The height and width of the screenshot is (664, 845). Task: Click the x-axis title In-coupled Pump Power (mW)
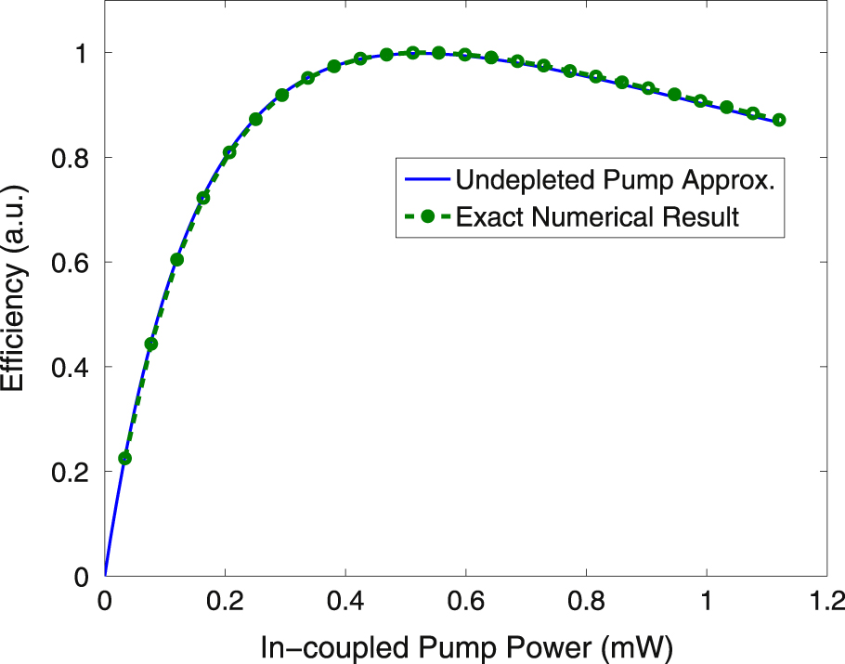[465, 644]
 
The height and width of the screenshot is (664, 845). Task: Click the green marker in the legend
[427, 217]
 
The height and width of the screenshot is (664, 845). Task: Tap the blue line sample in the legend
[426, 180]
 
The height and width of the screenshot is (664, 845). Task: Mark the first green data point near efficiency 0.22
[125, 458]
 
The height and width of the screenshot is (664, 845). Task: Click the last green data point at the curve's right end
[779, 120]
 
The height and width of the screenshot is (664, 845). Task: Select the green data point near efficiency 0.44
[151, 344]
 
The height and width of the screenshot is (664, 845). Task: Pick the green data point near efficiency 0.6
[177, 259]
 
